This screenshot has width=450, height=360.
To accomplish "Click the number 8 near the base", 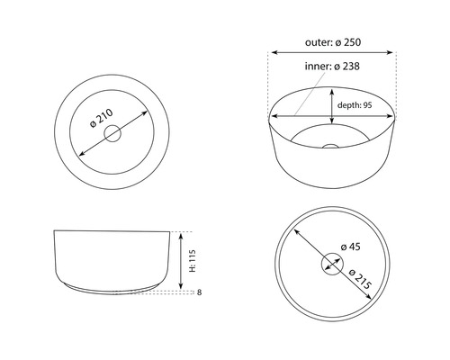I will [200, 292].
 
